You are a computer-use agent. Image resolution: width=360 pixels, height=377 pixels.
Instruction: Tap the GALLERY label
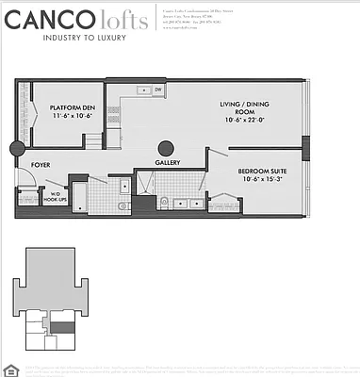[168, 162]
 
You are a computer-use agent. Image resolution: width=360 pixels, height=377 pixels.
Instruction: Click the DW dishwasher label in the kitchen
[157, 90]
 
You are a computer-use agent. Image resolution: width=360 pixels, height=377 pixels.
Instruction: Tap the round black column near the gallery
[167, 148]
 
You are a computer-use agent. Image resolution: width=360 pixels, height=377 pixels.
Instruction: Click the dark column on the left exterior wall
[16, 149]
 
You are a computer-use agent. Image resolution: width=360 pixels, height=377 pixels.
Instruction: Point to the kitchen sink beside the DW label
[140, 90]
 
